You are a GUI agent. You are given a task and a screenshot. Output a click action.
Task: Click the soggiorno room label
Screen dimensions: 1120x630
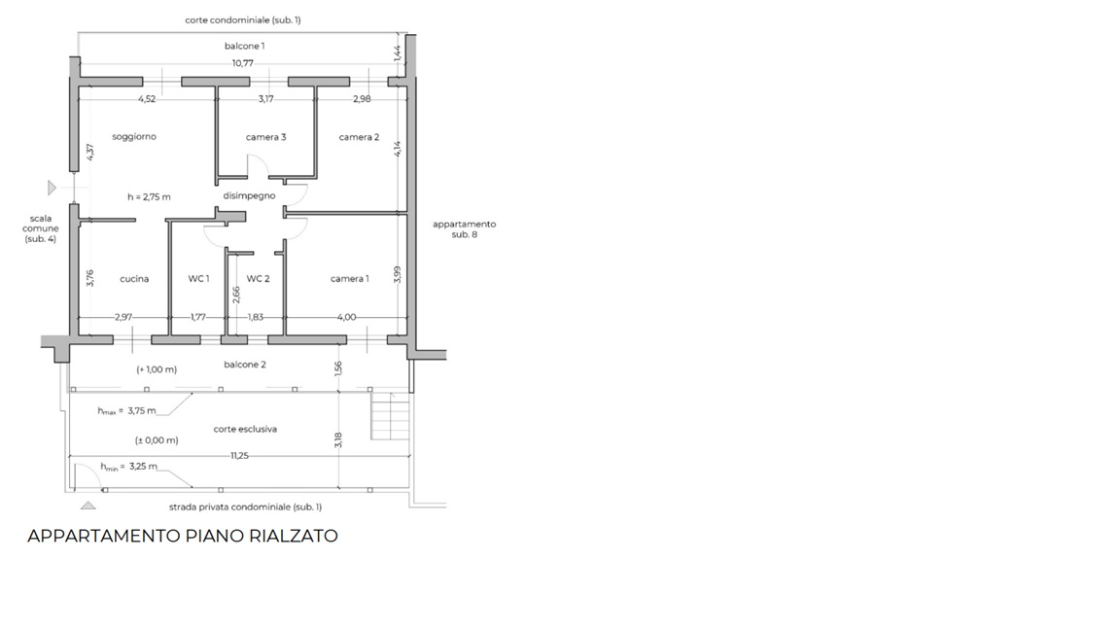point(134,136)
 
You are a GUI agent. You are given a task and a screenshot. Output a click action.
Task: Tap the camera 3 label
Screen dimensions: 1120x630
point(265,137)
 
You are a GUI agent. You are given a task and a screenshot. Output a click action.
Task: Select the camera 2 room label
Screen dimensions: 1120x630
point(359,137)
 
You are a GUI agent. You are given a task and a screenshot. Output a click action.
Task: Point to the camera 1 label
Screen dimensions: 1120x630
point(349,279)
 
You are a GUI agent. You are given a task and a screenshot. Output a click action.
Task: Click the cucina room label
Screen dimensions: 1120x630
point(134,279)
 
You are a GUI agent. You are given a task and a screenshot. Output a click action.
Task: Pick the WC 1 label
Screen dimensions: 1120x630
point(198,279)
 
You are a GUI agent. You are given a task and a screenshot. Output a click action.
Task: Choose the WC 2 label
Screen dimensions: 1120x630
point(258,279)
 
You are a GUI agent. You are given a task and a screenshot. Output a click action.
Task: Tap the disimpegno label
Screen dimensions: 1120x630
point(249,195)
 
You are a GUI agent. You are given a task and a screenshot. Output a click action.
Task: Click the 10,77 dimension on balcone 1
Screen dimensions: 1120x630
point(243,63)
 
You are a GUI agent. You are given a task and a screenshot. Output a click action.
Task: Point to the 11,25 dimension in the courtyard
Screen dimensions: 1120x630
point(239,456)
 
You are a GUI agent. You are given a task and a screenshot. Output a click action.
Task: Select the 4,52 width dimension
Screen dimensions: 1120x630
point(147,99)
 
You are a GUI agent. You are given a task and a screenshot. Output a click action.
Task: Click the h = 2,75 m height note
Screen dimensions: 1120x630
point(150,197)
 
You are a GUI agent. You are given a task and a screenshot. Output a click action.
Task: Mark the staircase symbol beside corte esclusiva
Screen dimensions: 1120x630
point(390,416)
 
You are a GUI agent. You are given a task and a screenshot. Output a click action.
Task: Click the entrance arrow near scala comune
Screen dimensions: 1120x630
point(52,188)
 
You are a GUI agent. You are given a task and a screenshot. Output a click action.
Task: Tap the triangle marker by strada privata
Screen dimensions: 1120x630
point(87,506)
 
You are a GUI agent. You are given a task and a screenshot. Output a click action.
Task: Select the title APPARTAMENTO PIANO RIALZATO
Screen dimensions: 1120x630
point(182,536)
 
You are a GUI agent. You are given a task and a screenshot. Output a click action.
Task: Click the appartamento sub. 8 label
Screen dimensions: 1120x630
point(465,229)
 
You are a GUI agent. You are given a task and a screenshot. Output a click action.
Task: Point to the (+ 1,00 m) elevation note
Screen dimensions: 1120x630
point(157,369)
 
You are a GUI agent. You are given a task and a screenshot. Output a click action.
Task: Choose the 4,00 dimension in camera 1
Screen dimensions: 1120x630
point(346,317)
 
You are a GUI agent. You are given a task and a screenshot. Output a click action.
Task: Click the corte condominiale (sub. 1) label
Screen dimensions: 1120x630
point(243,20)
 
